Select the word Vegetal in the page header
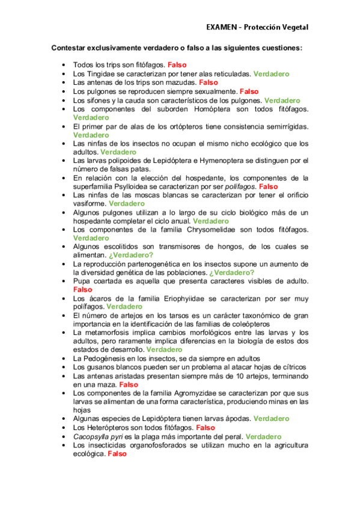tap(294, 27)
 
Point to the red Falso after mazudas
tap(208, 82)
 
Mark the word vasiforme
tap(89, 204)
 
